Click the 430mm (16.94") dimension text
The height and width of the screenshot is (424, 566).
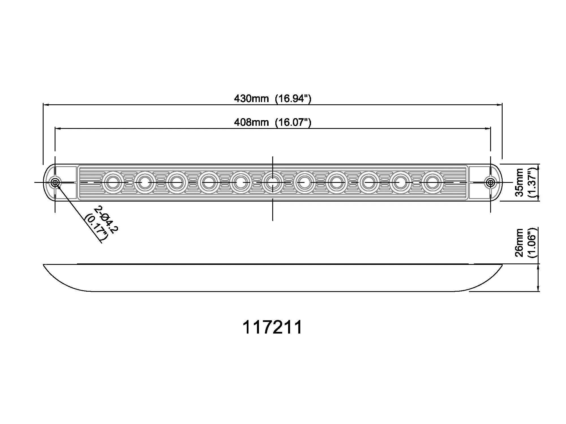click(x=273, y=99)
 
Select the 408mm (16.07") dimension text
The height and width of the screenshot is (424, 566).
click(x=273, y=122)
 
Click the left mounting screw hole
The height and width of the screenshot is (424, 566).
click(x=55, y=183)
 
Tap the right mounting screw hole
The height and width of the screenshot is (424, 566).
click(x=490, y=183)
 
